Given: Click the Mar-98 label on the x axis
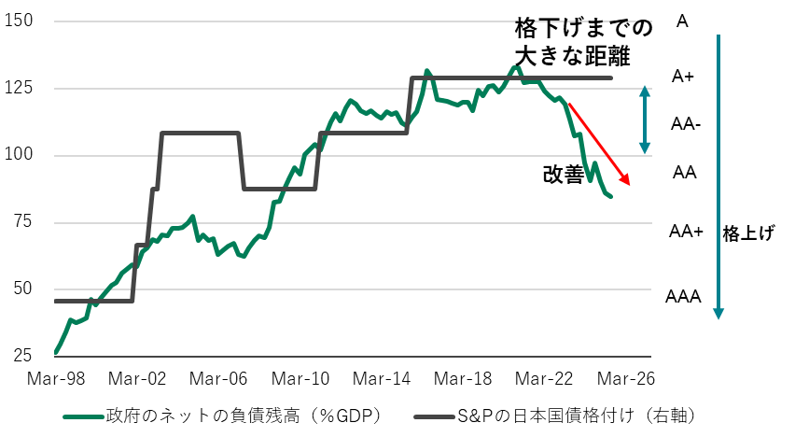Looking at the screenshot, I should coord(55,379).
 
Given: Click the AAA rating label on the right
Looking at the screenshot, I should coord(683,297).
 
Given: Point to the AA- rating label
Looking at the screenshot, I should coord(687,123).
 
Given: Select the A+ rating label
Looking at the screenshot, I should coord(683,78).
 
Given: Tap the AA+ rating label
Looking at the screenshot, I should coord(687,232).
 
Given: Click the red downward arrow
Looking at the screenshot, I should coord(599,144).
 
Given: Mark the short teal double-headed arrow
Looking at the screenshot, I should coord(644,120).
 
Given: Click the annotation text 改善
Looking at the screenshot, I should coord(565,175).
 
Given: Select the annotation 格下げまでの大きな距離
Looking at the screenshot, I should coord(571,42).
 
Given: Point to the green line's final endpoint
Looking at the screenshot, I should coord(610,196).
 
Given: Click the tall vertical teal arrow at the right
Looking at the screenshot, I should coord(718,177).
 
